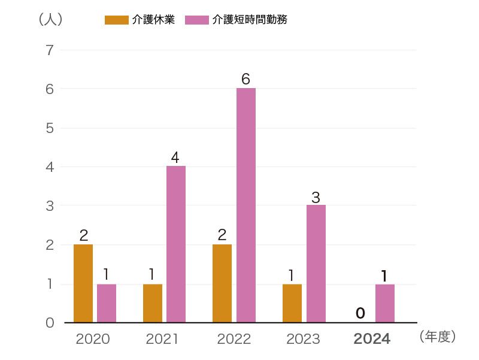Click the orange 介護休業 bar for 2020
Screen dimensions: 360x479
coord(83,283)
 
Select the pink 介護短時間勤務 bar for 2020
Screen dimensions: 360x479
coord(107,303)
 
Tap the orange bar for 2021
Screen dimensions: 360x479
coord(153,303)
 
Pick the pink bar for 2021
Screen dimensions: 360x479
coord(176,244)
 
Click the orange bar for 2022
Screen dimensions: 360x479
coord(222,283)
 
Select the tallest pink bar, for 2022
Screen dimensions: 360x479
coord(246,205)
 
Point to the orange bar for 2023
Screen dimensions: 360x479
coord(292,303)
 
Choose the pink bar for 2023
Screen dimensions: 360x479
coord(316,264)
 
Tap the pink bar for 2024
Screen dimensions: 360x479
coord(385,303)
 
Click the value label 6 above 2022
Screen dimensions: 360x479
coord(245,79)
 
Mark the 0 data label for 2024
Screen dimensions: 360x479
coord(360,313)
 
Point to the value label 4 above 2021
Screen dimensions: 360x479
coord(175,158)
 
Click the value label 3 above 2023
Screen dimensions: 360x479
coord(316,196)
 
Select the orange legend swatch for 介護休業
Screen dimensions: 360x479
coord(116,20)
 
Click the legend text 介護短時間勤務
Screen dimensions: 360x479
coord(250,20)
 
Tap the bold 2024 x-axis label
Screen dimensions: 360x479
coord(372,339)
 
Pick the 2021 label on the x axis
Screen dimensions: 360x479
coord(162,339)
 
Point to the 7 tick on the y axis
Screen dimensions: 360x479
coord(50,50)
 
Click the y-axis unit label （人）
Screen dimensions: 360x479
coord(50,19)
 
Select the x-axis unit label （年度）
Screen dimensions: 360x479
coord(438,337)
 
